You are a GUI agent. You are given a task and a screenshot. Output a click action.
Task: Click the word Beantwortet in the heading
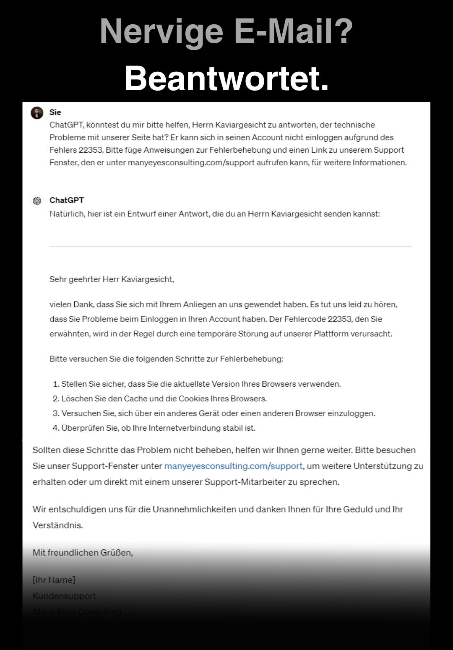pyautogui.click(x=226, y=78)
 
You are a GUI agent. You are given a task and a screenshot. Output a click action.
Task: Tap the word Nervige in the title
pyautogui.click(x=161, y=31)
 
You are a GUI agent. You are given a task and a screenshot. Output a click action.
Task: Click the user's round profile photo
pyautogui.click(x=37, y=113)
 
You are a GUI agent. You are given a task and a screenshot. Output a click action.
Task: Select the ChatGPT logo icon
pyautogui.click(x=37, y=201)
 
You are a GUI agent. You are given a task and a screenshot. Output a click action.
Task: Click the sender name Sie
pyautogui.click(x=55, y=112)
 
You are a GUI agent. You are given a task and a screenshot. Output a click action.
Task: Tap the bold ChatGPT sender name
pyautogui.click(x=67, y=200)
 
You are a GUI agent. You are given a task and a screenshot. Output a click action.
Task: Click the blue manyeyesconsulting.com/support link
pyautogui.click(x=233, y=466)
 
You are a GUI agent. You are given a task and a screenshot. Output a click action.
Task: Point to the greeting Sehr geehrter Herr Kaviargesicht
pyautogui.click(x=112, y=279)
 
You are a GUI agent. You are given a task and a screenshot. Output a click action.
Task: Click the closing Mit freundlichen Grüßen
pyautogui.click(x=83, y=553)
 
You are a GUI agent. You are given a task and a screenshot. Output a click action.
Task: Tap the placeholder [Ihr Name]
pyautogui.click(x=54, y=580)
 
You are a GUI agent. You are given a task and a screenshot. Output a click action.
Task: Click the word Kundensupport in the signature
pyautogui.click(x=64, y=596)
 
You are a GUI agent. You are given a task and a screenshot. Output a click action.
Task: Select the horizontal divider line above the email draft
pyautogui.click(x=230, y=246)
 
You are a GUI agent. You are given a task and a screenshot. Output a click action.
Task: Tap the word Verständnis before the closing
pyautogui.click(x=57, y=525)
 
